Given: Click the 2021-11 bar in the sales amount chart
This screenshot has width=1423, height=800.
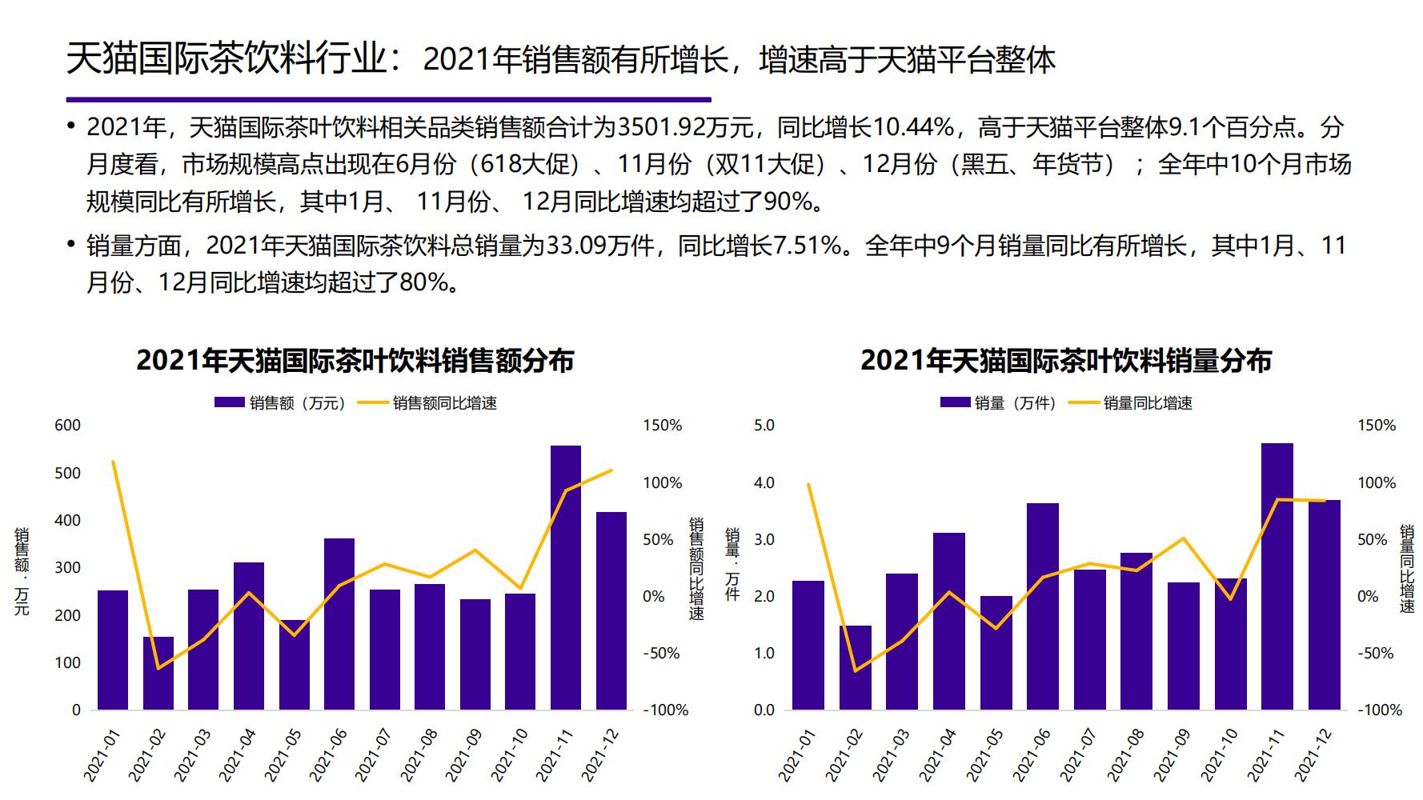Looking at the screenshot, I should point(565,578).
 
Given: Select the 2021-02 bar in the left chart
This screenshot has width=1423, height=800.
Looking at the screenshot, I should point(158,673).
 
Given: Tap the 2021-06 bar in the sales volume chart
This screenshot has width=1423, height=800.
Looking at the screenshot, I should point(1042,606).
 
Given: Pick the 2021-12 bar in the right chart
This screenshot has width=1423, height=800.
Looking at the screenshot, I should point(1324,605).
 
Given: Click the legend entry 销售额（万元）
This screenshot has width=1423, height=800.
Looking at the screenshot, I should point(281,403).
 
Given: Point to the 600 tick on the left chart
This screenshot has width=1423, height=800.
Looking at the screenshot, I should point(68,425).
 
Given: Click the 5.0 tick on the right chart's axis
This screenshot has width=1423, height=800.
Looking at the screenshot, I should point(764,425).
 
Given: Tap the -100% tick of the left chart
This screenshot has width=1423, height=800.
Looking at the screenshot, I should point(665,710).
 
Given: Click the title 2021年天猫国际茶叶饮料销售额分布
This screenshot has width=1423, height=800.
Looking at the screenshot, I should point(355,361).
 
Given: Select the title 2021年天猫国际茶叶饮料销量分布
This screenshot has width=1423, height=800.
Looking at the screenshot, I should point(1065,361).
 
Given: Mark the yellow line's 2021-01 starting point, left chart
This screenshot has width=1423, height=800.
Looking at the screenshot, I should point(113,462).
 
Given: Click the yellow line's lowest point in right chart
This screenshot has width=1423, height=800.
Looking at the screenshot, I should point(855,670).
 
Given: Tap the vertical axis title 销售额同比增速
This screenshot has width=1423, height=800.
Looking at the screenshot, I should point(696,568).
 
